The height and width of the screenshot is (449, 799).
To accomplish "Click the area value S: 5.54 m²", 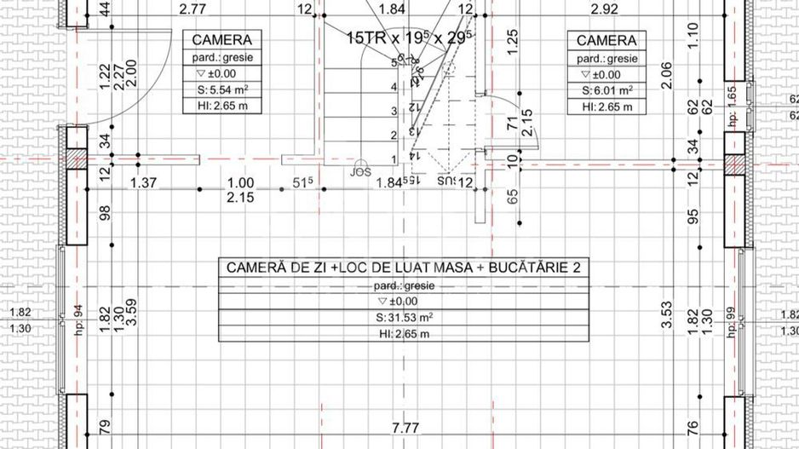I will tap(221, 90).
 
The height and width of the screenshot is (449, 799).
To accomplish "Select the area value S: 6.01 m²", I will tap(606, 90).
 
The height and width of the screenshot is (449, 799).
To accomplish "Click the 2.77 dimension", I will tap(193, 9).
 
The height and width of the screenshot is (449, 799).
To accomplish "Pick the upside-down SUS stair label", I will tap(446, 181).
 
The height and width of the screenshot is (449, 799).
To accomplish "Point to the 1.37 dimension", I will tap(144, 182).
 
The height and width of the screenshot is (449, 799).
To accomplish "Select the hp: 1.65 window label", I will tap(731, 103).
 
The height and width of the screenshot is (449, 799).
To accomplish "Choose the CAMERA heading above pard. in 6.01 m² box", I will tap(606, 40).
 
